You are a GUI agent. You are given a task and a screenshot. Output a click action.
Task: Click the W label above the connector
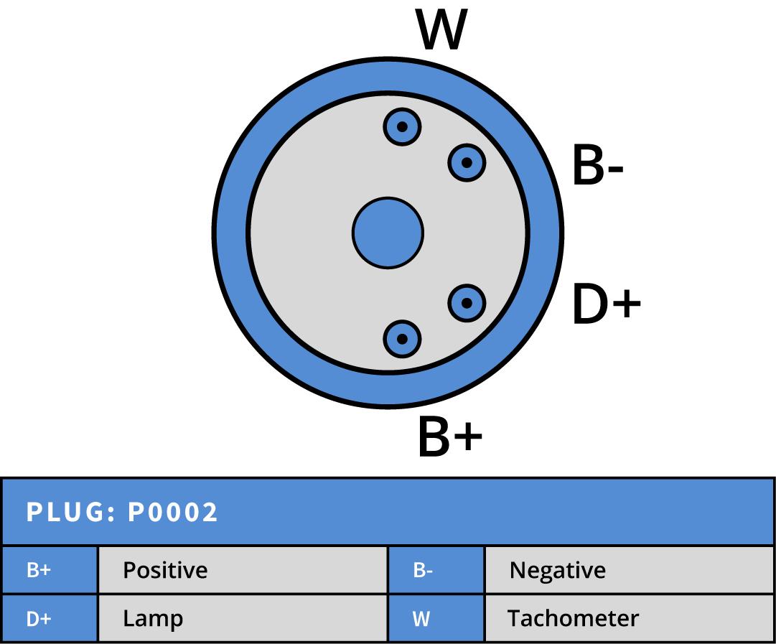click(x=441, y=31)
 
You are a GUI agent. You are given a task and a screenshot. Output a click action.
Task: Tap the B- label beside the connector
click(x=597, y=166)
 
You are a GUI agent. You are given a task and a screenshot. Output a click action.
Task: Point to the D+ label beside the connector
click(x=606, y=304)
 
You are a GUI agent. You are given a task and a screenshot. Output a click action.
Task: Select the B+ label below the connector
click(x=449, y=437)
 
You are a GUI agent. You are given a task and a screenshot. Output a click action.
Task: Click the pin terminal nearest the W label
click(x=402, y=127)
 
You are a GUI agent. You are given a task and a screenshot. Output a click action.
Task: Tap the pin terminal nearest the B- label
click(x=467, y=163)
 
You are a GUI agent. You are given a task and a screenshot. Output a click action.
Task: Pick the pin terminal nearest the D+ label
click(x=467, y=303)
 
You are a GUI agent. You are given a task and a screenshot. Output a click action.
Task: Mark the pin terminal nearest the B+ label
click(x=402, y=338)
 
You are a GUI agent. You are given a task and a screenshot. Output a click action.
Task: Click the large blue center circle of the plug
click(x=388, y=233)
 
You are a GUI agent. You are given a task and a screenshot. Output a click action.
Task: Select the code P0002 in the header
click(x=173, y=513)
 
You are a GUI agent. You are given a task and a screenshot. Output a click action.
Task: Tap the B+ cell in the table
click(x=50, y=570)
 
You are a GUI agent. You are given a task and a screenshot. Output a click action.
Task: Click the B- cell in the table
click(x=436, y=570)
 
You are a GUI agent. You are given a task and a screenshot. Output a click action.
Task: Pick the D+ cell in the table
click(x=50, y=618)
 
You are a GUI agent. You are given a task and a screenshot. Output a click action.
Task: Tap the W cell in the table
click(x=436, y=618)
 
